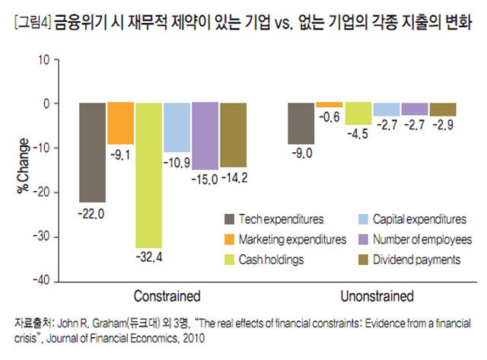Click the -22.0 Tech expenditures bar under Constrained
[x=93, y=152]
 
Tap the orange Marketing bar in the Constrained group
[x=120, y=123]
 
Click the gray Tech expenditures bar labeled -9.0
[x=300, y=123]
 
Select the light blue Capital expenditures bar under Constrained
[x=177, y=127]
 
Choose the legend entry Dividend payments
[x=416, y=260]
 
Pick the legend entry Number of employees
[x=422, y=240]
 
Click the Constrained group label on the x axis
[x=167, y=295]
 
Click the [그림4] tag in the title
[x=30, y=24]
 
